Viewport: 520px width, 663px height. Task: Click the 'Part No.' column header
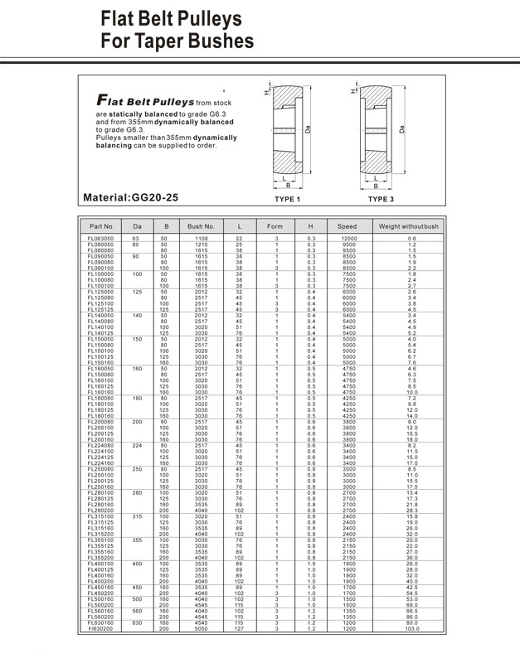coord(101,226)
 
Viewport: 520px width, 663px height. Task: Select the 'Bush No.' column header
coord(202,226)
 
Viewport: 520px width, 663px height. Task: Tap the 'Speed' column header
coord(347,226)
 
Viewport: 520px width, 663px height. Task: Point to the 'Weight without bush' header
coord(409,226)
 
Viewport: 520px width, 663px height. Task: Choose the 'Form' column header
coord(275,226)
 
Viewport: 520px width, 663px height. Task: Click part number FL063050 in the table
coord(101,239)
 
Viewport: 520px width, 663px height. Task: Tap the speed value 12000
coord(347,239)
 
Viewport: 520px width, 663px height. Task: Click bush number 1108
coord(202,239)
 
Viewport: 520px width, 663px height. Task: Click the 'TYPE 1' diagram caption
coord(286,200)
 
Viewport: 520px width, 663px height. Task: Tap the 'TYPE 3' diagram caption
coord(381,200)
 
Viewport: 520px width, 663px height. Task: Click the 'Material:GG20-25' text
coord(130,198)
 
